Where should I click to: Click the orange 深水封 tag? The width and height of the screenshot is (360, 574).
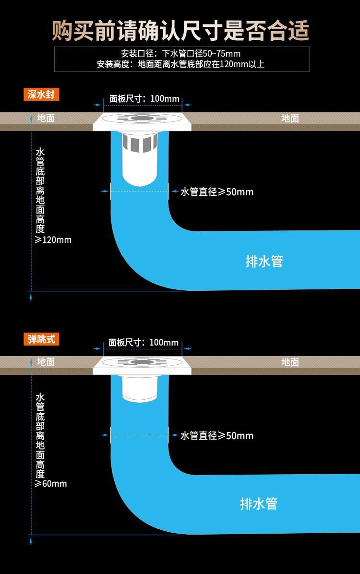tap(41, 95)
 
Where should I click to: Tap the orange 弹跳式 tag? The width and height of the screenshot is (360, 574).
tap(41, 339)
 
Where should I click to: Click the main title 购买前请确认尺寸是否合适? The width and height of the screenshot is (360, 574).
tap(180, 31)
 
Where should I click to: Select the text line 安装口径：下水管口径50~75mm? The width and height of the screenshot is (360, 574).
tap(181, 53)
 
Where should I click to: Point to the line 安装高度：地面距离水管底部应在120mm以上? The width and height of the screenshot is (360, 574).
tap(180, 64)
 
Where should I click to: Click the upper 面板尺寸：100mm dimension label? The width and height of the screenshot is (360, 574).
tap(144, 98)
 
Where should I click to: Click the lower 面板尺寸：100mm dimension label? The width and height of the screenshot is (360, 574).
tap(144, 342)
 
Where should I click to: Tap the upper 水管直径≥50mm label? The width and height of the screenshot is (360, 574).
tap(217, 192)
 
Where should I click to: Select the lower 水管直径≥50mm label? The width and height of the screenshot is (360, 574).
tap(217, 436)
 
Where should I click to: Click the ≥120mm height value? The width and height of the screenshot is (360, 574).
tap(53, 240)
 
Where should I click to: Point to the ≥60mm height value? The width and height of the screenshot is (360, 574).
tap(51, 484)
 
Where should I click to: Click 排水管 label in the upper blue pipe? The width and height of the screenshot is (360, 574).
tap(264, 262)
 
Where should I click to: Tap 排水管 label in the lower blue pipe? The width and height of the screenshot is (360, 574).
tap(259, 504)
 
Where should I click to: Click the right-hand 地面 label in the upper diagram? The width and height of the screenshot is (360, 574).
tap(290, 118)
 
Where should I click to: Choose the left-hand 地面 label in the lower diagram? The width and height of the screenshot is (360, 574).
tap(46, 362)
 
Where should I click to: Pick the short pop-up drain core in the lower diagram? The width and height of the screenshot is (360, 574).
tap(140, 389)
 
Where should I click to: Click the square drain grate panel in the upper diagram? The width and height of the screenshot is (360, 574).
tap(142, 121)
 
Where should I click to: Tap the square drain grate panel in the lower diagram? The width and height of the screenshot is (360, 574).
tap(142, 365)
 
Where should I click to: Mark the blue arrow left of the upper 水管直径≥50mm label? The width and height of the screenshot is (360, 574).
tap(175, 191)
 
